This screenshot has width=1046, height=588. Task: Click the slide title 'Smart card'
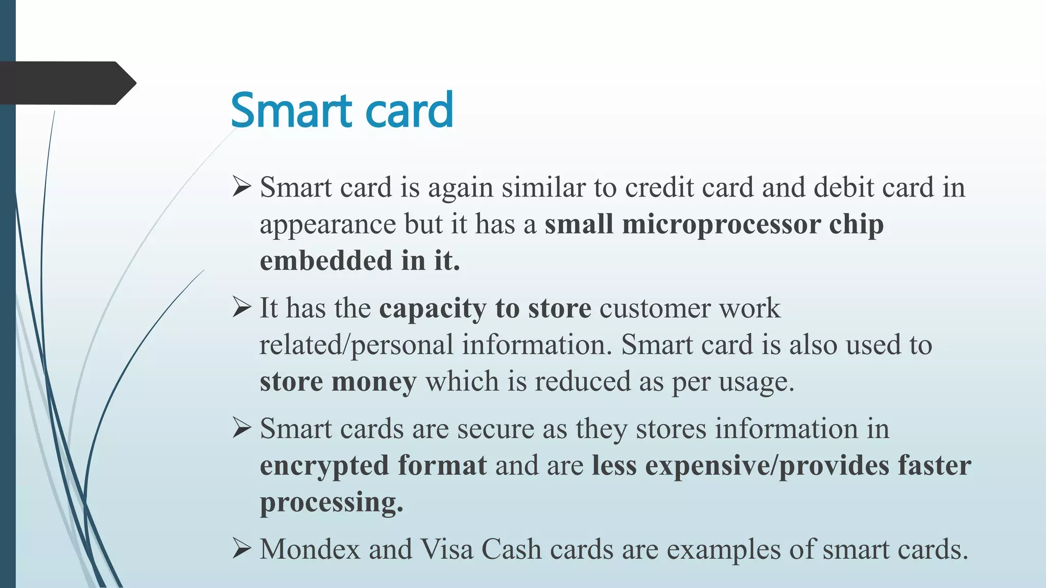point(341,110)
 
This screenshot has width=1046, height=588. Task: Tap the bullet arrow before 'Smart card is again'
point(242,186)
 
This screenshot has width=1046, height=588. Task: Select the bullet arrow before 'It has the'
point(242,307)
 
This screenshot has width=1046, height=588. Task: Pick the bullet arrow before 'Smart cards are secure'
point(242,428)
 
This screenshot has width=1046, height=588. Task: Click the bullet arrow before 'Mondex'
point(242,549)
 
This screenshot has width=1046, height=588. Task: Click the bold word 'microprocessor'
point(721,225)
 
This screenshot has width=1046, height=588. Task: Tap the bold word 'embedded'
point(326,260)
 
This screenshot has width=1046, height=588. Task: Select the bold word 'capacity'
point(433,309)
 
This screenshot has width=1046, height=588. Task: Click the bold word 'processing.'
point(331,502)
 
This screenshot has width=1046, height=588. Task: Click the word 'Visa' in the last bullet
point(446,549)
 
